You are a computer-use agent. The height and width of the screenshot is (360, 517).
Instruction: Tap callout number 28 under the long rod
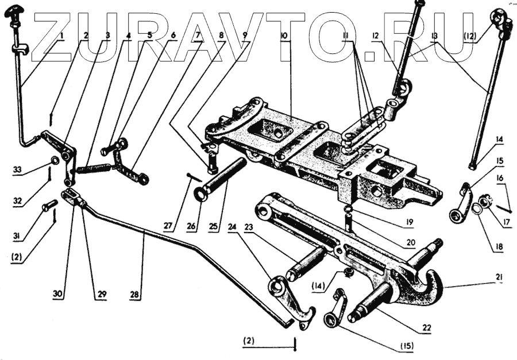pyautogui.click(x=134, y=295)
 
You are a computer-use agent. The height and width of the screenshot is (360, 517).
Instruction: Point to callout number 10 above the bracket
pyautogui.click(x=284, y=36)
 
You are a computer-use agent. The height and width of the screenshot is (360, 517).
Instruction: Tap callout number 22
pyautogui.click(x=426, y=327)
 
